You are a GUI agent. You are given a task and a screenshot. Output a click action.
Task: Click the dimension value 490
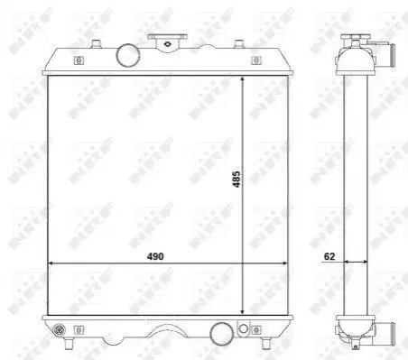[x=155, y=256]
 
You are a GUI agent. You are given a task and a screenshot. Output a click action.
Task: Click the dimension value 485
[x=236, y=180]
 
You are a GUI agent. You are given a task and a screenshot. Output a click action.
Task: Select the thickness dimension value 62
[x=329, y=256]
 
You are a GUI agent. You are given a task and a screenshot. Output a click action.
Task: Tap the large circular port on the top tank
[x=128, y=55]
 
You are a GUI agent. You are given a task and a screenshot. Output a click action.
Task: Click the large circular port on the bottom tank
[x=222, y=334]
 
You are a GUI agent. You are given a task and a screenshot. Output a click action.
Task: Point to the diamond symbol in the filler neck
[x=167, y=44]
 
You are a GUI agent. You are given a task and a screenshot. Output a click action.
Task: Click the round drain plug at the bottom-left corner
[x=59, y=330]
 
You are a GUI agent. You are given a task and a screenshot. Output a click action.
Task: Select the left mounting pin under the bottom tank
[x=69, y=343]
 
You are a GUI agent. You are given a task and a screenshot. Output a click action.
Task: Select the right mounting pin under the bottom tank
[x=265, y=343]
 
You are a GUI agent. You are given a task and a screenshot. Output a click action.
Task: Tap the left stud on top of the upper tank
[x=96, y=44]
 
